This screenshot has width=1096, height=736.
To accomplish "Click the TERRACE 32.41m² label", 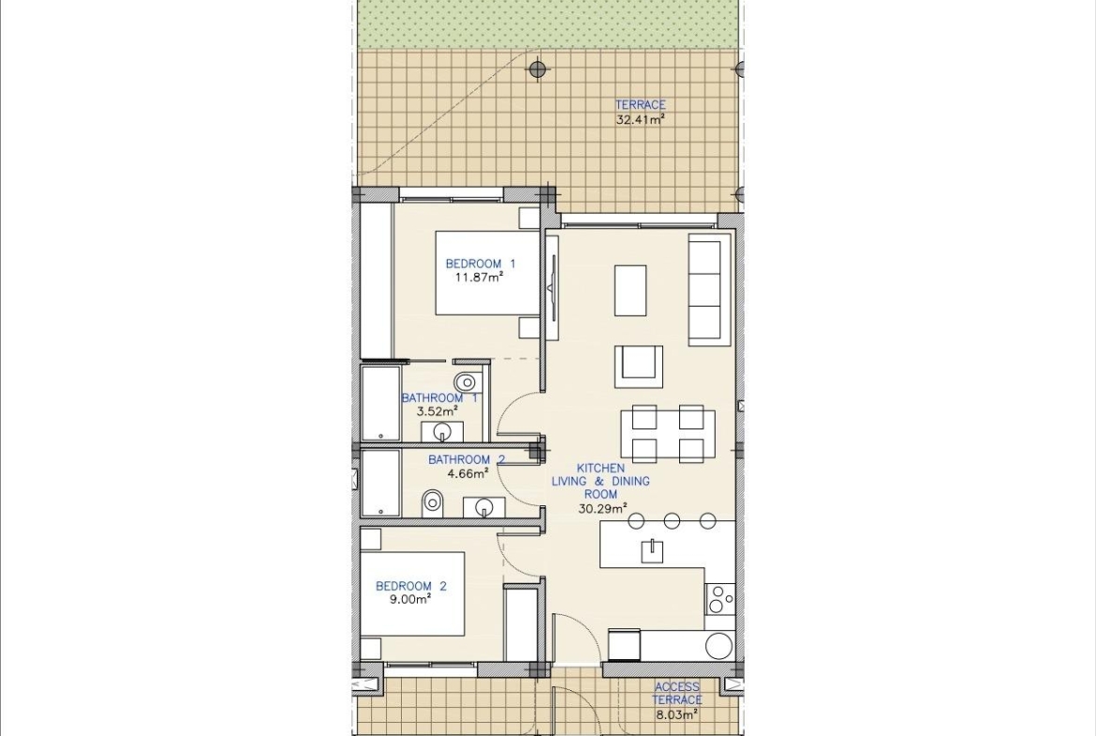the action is click(x=640, y=112).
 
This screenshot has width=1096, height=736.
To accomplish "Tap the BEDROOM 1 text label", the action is click(x=481, y=263).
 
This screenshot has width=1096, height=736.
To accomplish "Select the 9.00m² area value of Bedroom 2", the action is click(x=411, y=599).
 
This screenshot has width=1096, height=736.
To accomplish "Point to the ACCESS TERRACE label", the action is click(x=676, y=693).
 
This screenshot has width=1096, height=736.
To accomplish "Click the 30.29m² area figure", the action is click(x=602, y=508).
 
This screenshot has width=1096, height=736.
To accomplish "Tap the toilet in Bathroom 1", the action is click(x=465, y=382).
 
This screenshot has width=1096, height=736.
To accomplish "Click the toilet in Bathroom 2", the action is click(x=433, y=502).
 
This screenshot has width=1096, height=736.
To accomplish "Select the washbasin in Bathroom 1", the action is click(x=442, y=431).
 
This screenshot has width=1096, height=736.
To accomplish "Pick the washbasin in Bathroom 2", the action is click(x=483, y=507).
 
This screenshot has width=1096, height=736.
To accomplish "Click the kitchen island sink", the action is click(x=652, y=550).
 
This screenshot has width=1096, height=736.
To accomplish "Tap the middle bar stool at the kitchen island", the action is click(x=672, y=520).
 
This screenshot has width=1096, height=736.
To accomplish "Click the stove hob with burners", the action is click(x=719, y=599).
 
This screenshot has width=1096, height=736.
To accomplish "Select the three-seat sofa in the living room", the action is click(x=709, y=290).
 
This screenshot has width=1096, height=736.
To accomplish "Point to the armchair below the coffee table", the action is click(x=638, y=366).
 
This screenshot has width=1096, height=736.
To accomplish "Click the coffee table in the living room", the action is click(x=630, y=291).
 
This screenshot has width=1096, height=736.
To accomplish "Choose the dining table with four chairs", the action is click(x=668, y=434).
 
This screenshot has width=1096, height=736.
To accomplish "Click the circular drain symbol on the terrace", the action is click(x=537, y=68).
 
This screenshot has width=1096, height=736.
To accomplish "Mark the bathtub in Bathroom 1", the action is click(x=380, y=404).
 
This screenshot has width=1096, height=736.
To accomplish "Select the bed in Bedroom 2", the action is click(x=412, y=593).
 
